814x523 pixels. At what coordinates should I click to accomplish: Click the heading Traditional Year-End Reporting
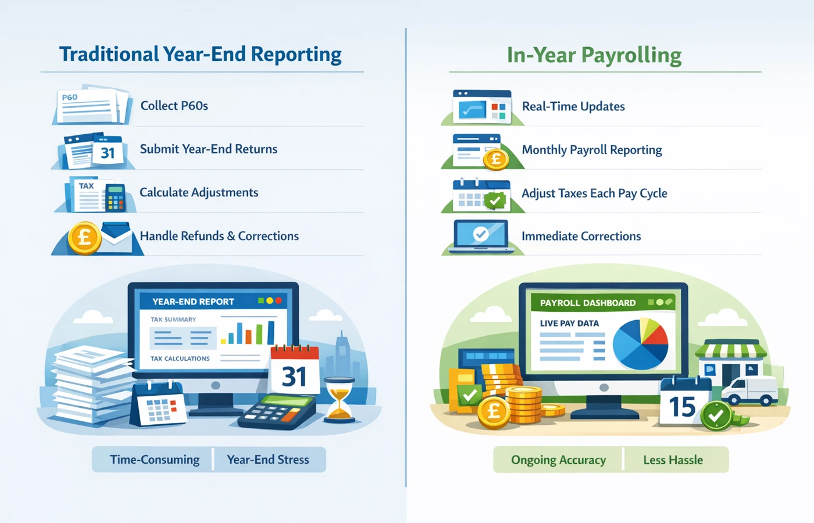click(x=200, y=54)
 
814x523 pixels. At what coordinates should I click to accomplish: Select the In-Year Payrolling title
click(x=594, y=55)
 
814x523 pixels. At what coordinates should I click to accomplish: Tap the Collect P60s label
click(x=174, y=106)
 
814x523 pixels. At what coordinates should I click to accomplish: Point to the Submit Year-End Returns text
click(x=208, y=149)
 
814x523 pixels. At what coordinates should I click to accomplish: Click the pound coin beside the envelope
click(x=84, y=238)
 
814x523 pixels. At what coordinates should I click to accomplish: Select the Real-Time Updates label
click(x=573, y=106)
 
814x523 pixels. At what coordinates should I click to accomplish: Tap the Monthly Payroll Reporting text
click(x=591, y=150)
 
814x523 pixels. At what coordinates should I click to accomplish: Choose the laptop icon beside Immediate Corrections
click(x=481, y=236)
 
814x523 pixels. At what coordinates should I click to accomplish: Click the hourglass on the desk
click(x=339, y=399)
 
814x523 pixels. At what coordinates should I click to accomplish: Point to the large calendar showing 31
click(x=295, y=372)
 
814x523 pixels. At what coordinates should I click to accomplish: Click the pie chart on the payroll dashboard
click(x=640, y=344)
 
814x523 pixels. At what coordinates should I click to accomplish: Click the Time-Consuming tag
click(x=154, y=460)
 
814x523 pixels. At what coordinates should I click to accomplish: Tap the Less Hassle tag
click(x=673, y=460)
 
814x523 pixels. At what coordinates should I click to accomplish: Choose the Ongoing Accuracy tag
click(x=558, y=460)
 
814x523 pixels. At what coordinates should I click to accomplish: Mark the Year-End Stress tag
click(x=268, y=460)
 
